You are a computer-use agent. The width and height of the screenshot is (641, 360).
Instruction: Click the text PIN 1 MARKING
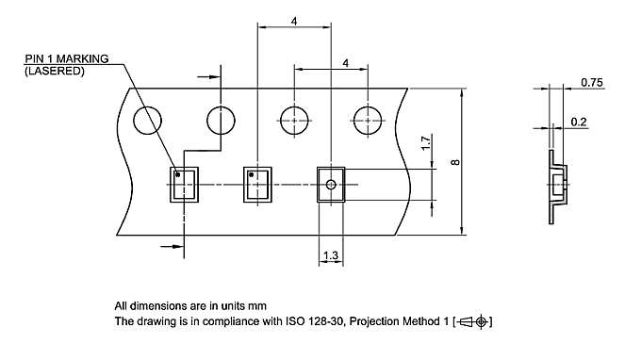click(66, 58)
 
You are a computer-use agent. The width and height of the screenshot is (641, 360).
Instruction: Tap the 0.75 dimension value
click(592, 84)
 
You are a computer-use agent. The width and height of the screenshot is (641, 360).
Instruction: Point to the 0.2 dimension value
click(580, 123)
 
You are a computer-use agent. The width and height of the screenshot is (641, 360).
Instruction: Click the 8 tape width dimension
click(454, 162)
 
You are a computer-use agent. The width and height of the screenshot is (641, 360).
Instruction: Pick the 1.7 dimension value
click(425, 145)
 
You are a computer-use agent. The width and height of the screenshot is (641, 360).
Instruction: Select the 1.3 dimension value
click(331, 255)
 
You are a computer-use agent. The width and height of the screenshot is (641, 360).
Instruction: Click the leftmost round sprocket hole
click(147, 121)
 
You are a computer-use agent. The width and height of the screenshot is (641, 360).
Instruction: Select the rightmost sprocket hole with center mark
click(369, 121)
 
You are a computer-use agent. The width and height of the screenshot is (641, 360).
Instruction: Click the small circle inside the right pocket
click(331, 185)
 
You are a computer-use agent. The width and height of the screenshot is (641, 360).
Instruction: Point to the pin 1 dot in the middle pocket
click(251, 174)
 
